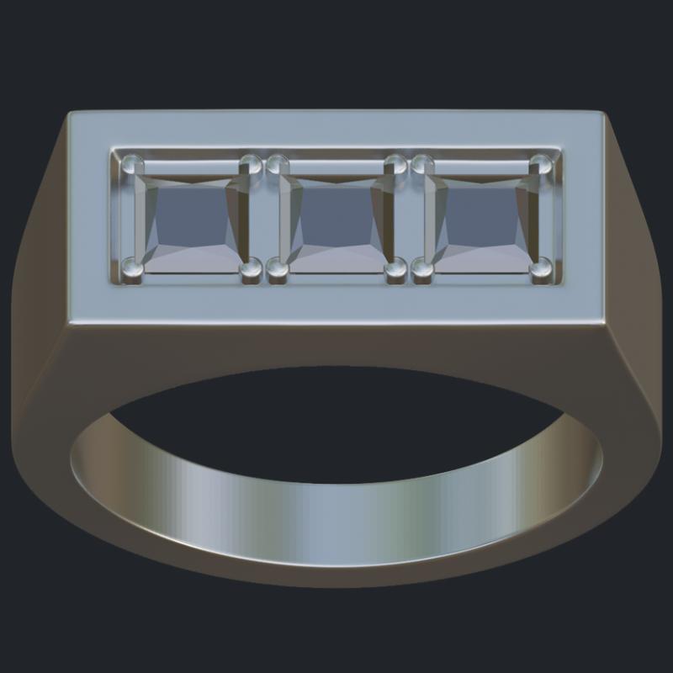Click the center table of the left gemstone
(191, 220)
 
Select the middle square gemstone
(336, 220)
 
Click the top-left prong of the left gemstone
(131, 164)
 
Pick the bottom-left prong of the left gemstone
(131, 269)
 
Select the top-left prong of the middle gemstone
(277, 164)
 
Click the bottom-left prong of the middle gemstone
(277, 269)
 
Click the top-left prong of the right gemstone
(421, 164)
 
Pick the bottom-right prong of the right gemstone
(541, 269)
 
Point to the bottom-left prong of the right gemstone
(421, 269)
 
